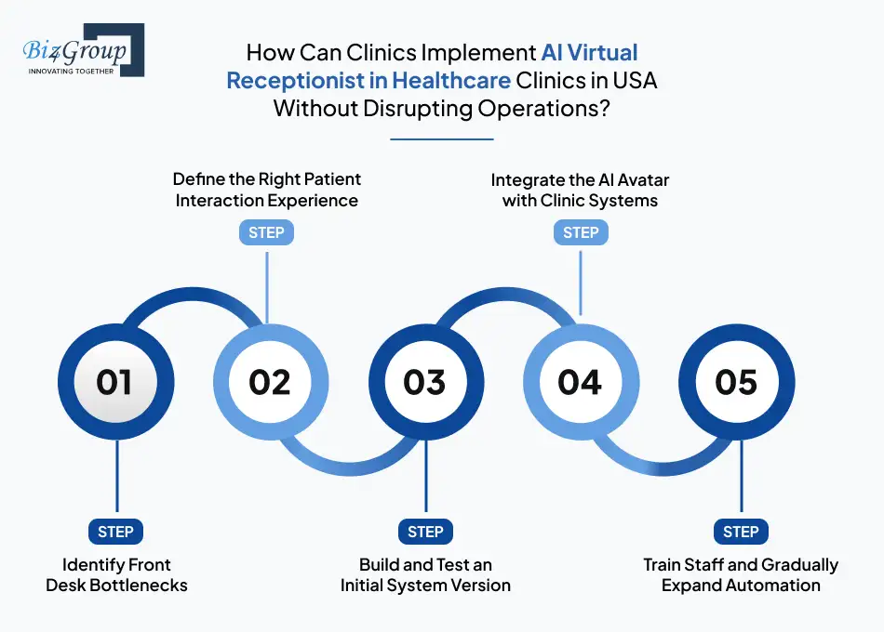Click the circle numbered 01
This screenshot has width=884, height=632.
pyautogui.click(x=115, y=382)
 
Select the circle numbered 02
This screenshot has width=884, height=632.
pyautogui.click(x=270, y=382)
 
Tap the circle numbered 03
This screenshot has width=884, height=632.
pyautogui.click(x=425, y=382)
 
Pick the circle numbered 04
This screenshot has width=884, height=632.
pyautogui.click(x=581, y=382)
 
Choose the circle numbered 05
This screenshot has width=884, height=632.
pyautogui.click(x=736, y=382)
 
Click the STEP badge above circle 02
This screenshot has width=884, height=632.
pyautogui.click(x=267, y=232)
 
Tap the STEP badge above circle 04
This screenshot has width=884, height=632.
pyautogui.click(x=581, y=232)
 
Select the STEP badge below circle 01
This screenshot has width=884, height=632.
pyautogui.click(x=116, y=532)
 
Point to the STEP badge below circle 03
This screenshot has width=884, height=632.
pyautogui.click(x=425, y=532)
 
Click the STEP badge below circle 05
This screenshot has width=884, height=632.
pyautogui.click(x=741, y=532)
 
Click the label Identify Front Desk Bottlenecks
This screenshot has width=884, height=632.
pyautogui.click(x=116, y=575)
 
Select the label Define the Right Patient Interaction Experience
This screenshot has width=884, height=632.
pyautogui.click(x=267, y=189)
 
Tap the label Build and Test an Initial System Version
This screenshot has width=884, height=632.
pyautogui.click(x=425, y=575)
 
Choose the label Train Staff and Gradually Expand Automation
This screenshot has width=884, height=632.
pyautogui.click(x=741, y=575)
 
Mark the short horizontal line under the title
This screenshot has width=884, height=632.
pyautogui.click(x=441, y=139)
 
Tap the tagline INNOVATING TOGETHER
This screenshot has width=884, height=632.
pyautogui.click(x=72, y=71)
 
